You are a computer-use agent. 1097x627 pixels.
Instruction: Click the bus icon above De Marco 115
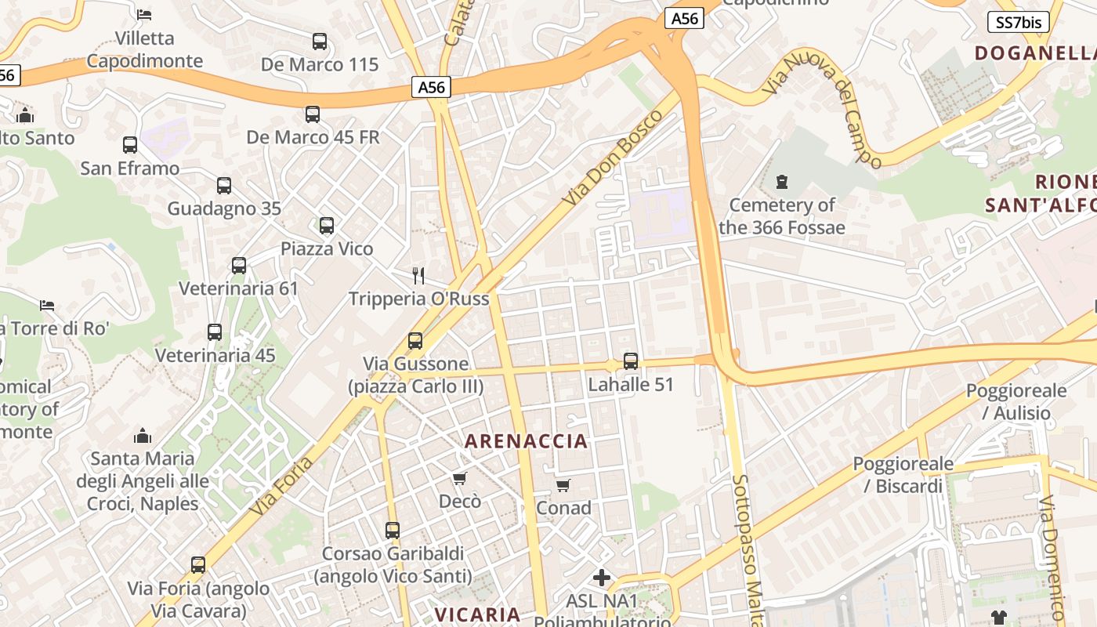pos(319,42)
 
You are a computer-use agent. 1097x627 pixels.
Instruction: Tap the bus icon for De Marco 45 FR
pos(313,114)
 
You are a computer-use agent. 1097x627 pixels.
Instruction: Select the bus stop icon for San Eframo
pos(130,145)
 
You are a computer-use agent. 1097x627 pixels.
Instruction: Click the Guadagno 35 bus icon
pos(224,186)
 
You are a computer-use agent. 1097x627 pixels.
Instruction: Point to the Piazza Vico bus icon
pos(327,226)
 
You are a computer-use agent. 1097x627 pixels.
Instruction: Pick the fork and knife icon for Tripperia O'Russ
pos(418,275)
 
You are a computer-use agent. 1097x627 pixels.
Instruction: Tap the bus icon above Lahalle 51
pos(631,361)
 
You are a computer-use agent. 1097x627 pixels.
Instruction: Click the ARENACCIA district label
pos(526,441)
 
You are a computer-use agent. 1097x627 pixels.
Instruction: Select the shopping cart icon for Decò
pos(460,478)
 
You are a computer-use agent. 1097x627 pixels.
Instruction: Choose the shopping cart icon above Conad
pos(563,485)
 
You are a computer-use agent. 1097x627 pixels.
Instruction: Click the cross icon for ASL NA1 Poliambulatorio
pos(602,578)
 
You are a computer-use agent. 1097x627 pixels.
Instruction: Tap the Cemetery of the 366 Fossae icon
pos(781,182)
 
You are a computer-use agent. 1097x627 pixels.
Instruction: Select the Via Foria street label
pos(282,486)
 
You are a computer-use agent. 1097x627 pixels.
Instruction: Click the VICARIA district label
pos(478,614)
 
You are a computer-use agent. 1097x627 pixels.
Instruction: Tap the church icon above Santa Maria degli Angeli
pos(143,435)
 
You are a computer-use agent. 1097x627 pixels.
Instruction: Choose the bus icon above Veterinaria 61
pos(239,266)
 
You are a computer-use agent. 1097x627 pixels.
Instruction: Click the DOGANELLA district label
pos(1034,53)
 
